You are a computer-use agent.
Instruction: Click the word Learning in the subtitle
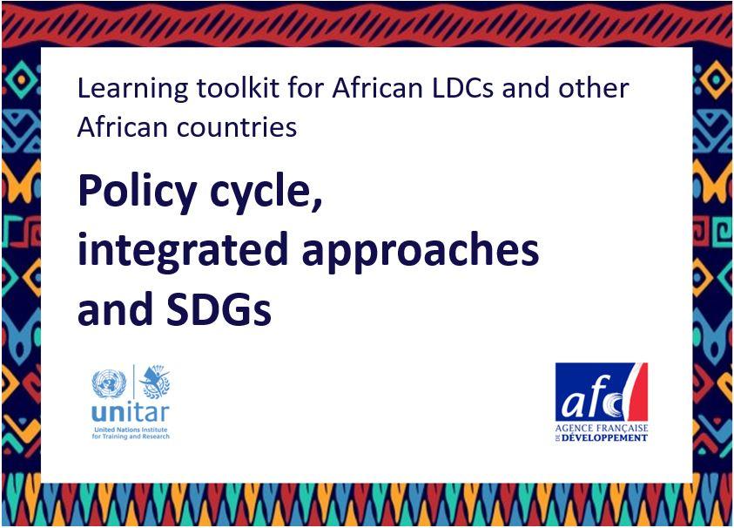click(133, 89)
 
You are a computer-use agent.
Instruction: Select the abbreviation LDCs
click(462, 88)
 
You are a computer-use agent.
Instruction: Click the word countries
click(236, 127)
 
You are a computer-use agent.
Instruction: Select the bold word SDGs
click(219, 308)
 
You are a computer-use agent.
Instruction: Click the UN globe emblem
click(109, 383)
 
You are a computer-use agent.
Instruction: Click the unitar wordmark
click(131, 413)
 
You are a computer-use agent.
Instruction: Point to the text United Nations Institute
click(131, 430)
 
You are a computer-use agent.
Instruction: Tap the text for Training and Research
click(131, 437)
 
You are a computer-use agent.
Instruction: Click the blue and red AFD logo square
click(602, 392)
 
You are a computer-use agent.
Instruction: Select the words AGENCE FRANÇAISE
click(602, 428)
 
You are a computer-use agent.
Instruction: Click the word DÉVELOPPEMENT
click(604, 438)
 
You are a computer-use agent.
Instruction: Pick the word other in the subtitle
click(594, 88)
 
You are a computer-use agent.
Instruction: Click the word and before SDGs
click(118, 308)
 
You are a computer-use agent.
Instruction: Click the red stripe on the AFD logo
click(638, 392)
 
